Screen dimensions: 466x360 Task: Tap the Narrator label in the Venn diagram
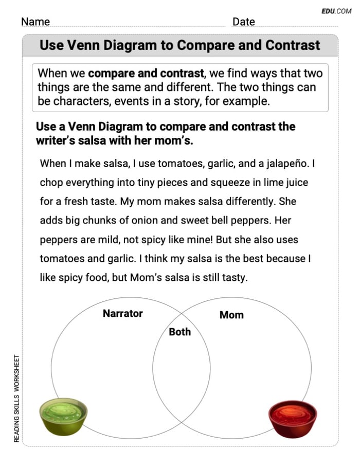122,313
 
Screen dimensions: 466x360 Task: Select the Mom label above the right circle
231,315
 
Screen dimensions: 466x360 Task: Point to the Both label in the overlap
179,332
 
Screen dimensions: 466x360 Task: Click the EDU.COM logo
336,10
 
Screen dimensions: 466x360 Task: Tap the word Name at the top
35,22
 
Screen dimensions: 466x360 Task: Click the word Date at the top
243,22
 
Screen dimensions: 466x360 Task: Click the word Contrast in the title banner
293,45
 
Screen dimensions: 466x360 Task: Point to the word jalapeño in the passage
285,164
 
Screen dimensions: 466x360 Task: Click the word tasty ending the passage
233,278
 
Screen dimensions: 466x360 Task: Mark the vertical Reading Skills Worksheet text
17,399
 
